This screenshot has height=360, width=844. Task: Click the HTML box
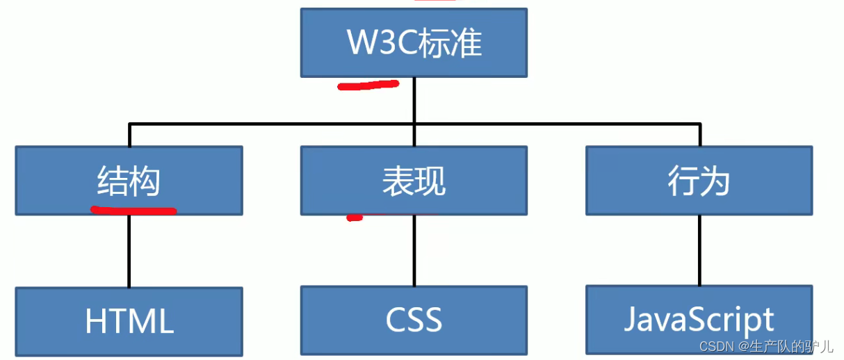(129, 321)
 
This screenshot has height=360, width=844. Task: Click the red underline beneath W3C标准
(368, 85)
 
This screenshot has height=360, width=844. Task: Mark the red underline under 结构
(133, 208)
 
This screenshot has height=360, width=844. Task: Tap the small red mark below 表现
(355, 218)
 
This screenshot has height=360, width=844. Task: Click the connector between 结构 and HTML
(129, 250)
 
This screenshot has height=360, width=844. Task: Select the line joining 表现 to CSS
(414, 250)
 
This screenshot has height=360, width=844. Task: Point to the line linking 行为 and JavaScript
(699, 250)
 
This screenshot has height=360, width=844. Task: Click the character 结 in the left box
(113, 182)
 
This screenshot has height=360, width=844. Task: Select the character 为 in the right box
(715, 182)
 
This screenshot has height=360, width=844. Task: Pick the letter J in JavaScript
(631, 320)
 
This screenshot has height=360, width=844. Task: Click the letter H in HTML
(95, 322)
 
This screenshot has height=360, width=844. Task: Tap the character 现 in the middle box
(430, 182)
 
